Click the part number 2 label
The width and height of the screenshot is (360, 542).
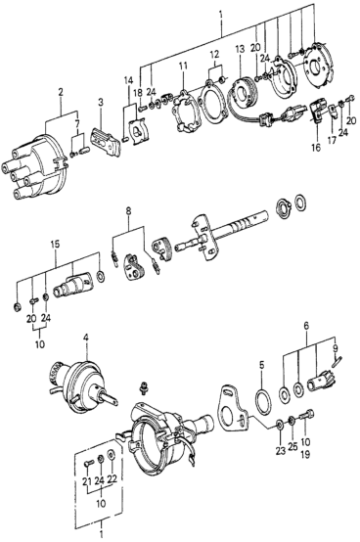[61, 92]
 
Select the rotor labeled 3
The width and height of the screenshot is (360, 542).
[106, 142]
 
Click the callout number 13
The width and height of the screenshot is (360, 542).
[240, 49]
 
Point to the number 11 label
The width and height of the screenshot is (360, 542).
[183, 66]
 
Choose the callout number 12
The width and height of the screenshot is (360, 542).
[214, 54]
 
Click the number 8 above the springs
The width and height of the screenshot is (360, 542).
[128, 211]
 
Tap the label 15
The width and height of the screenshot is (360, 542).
[56, 244]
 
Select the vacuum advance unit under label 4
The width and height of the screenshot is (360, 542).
[82, 386]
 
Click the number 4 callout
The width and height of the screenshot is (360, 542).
[86, 338]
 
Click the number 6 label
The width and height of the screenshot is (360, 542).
[306, 325]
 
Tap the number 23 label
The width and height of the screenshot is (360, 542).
[281, 450]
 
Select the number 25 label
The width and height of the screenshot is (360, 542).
[292, 446]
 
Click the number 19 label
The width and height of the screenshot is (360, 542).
[306, 454]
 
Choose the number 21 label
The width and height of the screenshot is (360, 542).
[88, 479]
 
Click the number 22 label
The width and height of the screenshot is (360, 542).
[112, 479]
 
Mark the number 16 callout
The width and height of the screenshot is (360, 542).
[316, 148]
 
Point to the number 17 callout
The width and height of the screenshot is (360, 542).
[332, 141]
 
